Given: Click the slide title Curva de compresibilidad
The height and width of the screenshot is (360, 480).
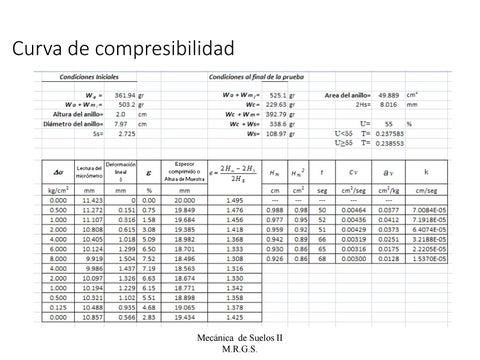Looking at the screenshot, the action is (x=123, y=48).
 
